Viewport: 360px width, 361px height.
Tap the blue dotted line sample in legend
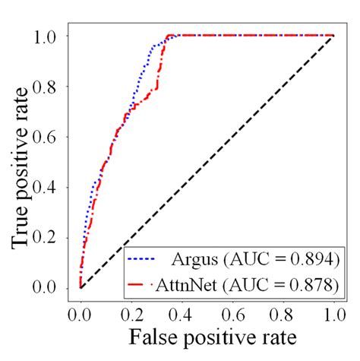tap(147, 260)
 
